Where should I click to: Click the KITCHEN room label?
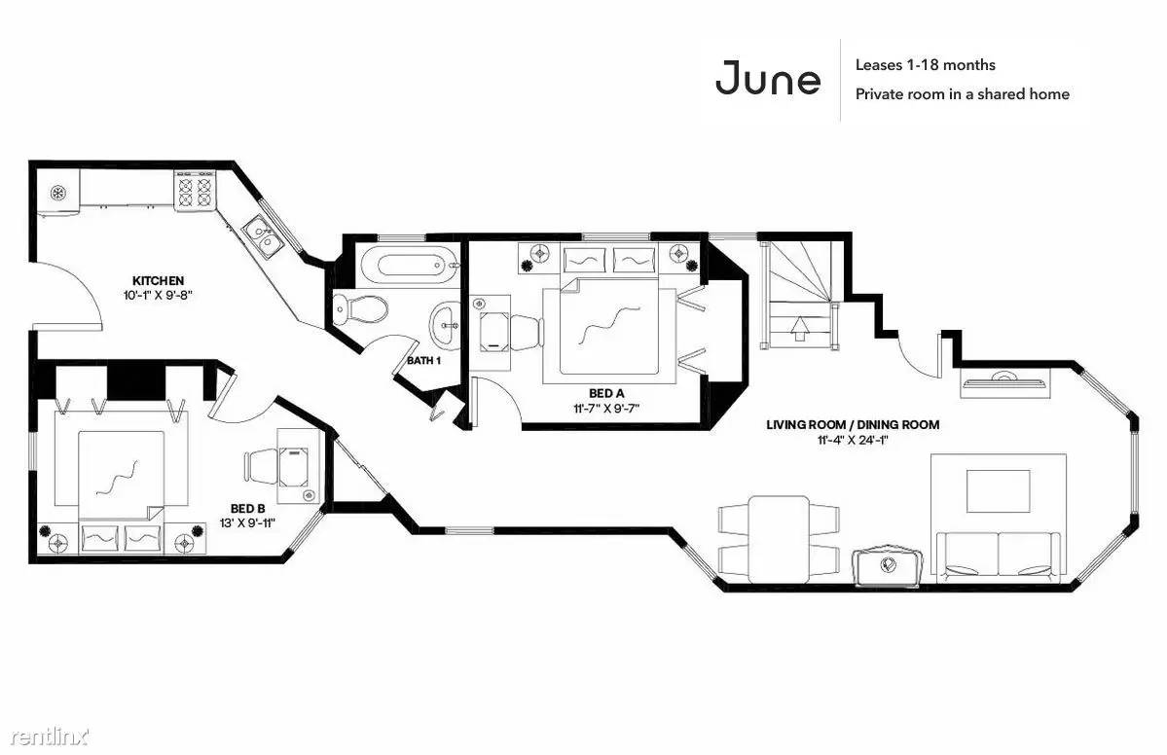click(158, 280)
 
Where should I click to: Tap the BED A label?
click(606, 393)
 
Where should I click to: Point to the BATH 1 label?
click(424, 361)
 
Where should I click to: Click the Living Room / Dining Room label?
click(853, 425)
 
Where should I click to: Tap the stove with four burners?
click(196, 189)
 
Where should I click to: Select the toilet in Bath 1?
click(360, 307)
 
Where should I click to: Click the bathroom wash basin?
click(447, 325)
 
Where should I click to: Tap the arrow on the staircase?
click(801, 328)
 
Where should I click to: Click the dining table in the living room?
click(779, 539)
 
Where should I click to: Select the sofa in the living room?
click(999, 556)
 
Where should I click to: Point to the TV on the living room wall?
click(1004, 383)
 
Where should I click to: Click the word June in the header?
click(767, 78)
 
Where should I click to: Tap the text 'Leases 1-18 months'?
click(925, 65)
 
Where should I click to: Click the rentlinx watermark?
click(49, 737)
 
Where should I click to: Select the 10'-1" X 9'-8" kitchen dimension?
click(159, 295)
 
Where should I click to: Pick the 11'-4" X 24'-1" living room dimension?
click(853, 440)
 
